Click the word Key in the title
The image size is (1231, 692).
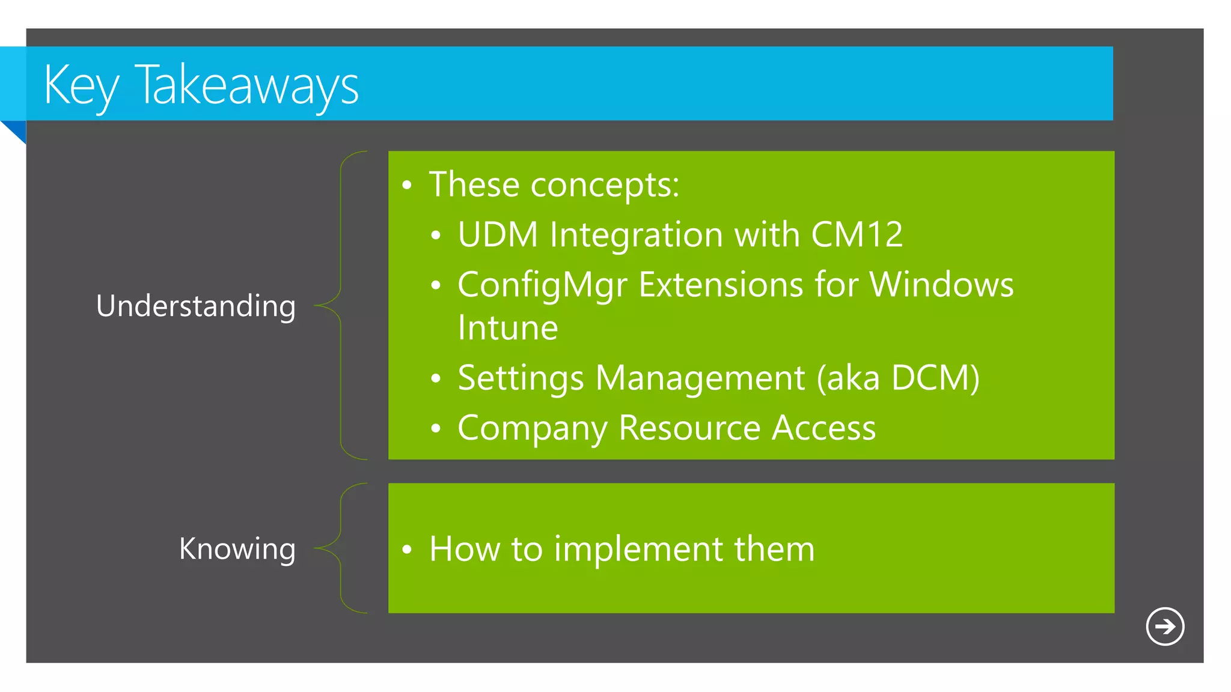[x=81, y=86]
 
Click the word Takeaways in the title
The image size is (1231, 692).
[x=247, y=86]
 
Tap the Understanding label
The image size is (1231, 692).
[x=195, y=306]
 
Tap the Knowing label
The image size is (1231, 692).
[x=237, y=548]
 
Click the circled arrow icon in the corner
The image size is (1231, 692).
[x=1165, y=627]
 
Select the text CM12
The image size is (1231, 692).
[x=857, y=234]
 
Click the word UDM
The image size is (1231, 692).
[x=498, y=234]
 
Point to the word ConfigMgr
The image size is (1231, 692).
[x=542, y=285]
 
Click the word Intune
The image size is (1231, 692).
[x=508, y=328]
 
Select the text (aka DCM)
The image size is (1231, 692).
[x=898, y=378]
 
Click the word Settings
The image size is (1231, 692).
[x=521, y=379]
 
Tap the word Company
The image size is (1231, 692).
[x=533, y=429]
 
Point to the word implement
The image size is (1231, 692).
[x=638, y=549]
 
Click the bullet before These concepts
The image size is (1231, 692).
[x=407, y=186]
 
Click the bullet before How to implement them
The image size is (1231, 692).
[x=407, y=550]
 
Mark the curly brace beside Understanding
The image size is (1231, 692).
[x=341, y=305]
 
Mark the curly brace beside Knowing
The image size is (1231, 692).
[x=341, y=548]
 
